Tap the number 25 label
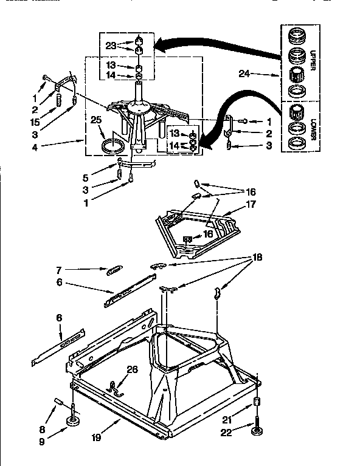point(95,120)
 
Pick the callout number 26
point(131,369)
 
